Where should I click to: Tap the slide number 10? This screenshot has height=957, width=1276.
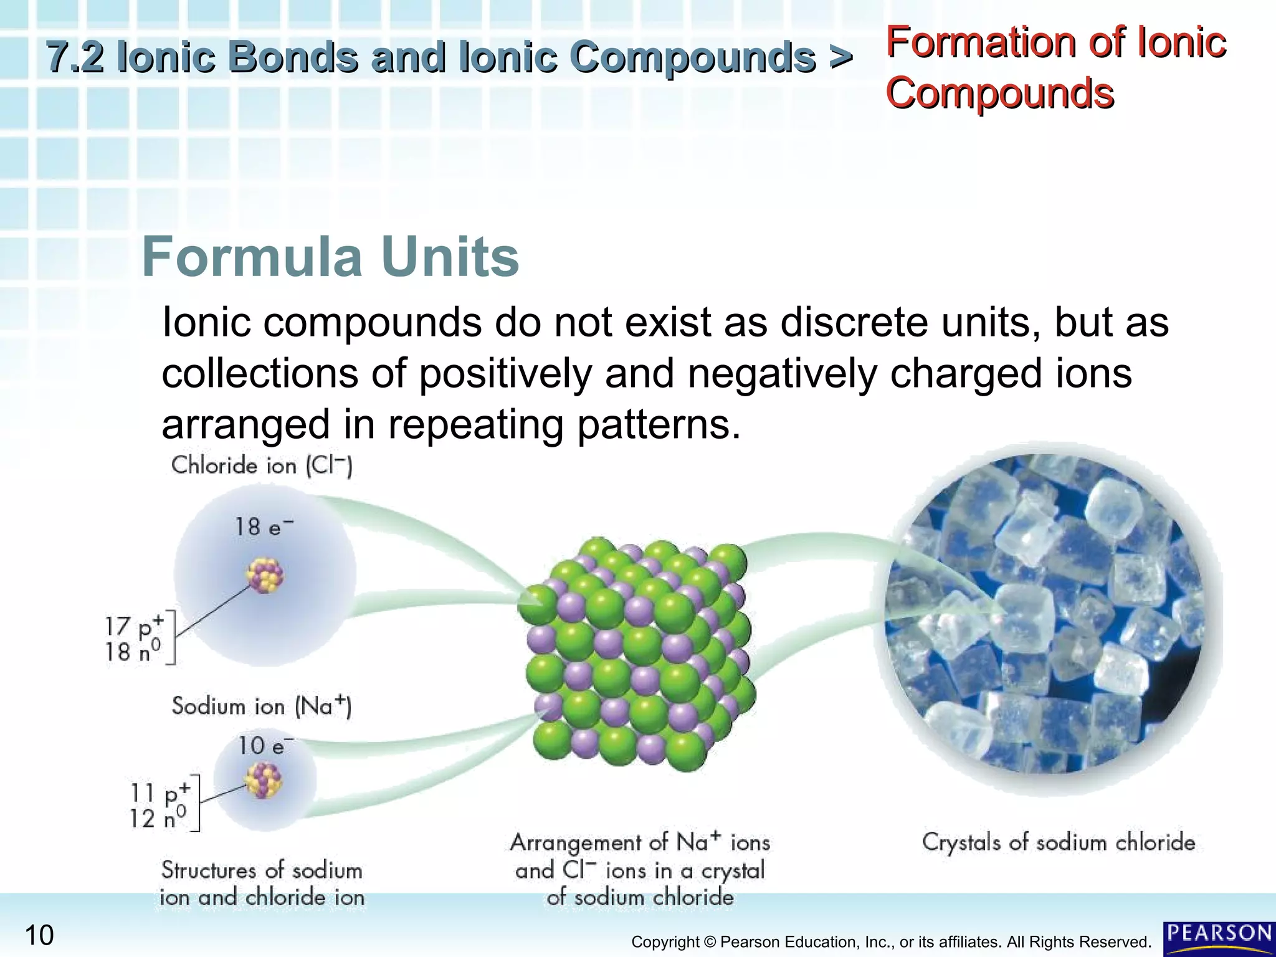(39, 935)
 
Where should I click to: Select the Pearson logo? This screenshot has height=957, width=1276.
(1219, 938)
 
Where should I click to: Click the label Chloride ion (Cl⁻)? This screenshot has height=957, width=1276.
(262, 465)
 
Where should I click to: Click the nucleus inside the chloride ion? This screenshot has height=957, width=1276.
(265, 574)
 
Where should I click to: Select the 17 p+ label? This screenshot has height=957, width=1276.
(133, 626)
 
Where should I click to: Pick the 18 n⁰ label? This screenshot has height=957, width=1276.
(132, 652)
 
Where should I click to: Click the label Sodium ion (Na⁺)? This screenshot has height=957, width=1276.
(262, 706)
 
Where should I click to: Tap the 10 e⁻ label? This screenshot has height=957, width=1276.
(265, 745)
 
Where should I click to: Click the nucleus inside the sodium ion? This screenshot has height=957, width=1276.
(264, 781)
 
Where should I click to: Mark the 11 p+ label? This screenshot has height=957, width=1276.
(159, 793)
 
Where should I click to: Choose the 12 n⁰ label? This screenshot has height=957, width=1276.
(157, 817)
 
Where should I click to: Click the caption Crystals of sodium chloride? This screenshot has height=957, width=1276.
(1058, 842)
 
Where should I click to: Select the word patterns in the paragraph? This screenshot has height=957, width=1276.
(659, 425)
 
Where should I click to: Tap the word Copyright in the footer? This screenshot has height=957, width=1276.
(665, 942)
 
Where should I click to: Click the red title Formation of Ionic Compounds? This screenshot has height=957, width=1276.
(1055, 67)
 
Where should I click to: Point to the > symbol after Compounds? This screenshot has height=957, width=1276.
(840, 57)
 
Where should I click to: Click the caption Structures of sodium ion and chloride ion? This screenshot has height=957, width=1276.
(262, 883)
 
